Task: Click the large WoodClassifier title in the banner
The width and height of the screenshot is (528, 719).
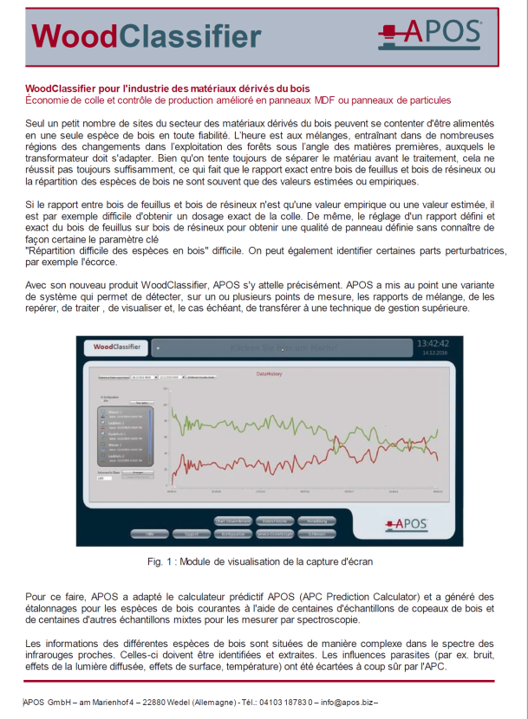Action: coord(146,36)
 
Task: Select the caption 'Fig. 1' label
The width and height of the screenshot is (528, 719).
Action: coord(162,561)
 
